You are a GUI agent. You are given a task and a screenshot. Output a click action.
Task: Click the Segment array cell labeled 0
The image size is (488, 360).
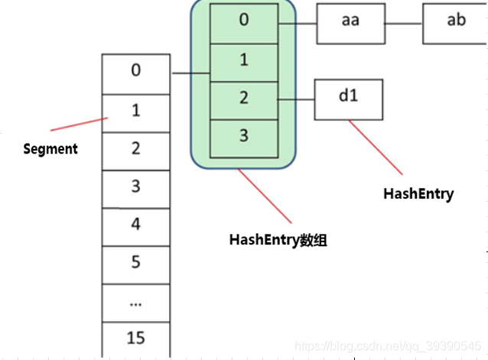pyautogui.click(x=135, y=73)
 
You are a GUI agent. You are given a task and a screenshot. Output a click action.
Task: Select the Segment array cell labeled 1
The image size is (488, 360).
pyautogui.click(x=135, y=112)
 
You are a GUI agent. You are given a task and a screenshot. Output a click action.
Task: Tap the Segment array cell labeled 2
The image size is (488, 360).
pyautogui.click(x=135, y=150)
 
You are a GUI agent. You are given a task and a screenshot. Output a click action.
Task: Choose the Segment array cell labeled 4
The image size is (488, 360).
pyautogui.click(x=135, y=225)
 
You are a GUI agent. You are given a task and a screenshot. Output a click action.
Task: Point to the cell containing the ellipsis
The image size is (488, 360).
pyautogui.click(x=135, y=302)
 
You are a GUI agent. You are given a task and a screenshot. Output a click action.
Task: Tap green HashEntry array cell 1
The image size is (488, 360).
pyautogui.click(x=243, y=60)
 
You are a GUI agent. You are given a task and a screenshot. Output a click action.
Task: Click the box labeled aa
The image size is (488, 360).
pyautogui.click(x=350, y=22)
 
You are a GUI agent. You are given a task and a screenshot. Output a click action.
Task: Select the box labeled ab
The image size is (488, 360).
pyautogui.click(x=456, y=22)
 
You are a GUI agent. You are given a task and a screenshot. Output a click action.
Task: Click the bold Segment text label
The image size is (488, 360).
pyautogui.click(x=50, y=149)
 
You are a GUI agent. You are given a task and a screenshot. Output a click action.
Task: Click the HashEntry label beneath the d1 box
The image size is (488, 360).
pyautogui.click(x=418, y=194)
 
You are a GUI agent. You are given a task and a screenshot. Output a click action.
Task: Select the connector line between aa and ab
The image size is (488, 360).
pyautogui.click(x=403, y=22)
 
